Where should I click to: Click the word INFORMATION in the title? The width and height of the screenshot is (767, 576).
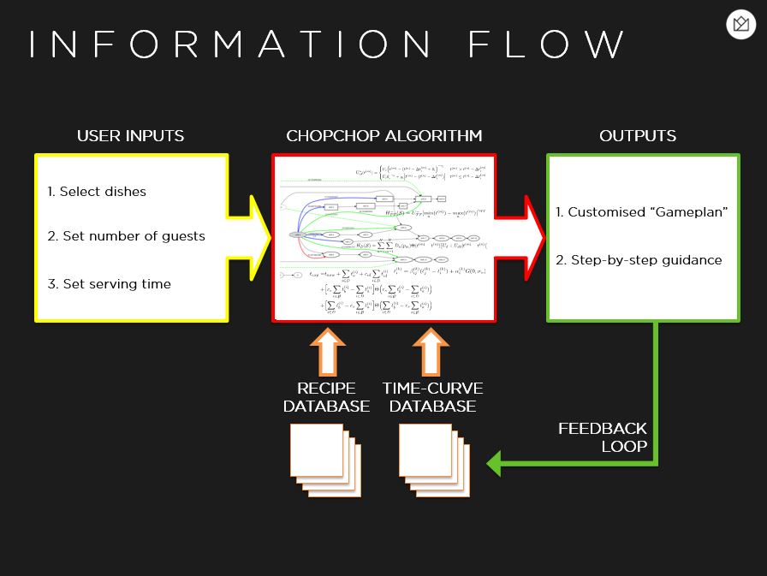pos(229,45)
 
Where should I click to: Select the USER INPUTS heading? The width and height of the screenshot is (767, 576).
pos(130,136)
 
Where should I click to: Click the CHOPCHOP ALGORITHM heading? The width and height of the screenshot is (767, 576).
pos(383,136)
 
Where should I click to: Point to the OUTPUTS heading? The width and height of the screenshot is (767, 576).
pos(638,136)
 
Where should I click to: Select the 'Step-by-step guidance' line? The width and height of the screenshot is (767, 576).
pos(639,260)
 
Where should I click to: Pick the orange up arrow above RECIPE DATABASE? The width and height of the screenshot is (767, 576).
pos(327,350)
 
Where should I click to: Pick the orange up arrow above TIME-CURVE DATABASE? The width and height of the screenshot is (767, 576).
pos(431,350)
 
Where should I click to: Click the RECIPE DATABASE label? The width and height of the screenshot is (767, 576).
pos(327,398)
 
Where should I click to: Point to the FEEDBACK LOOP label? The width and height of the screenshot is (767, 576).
pos(603,437)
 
